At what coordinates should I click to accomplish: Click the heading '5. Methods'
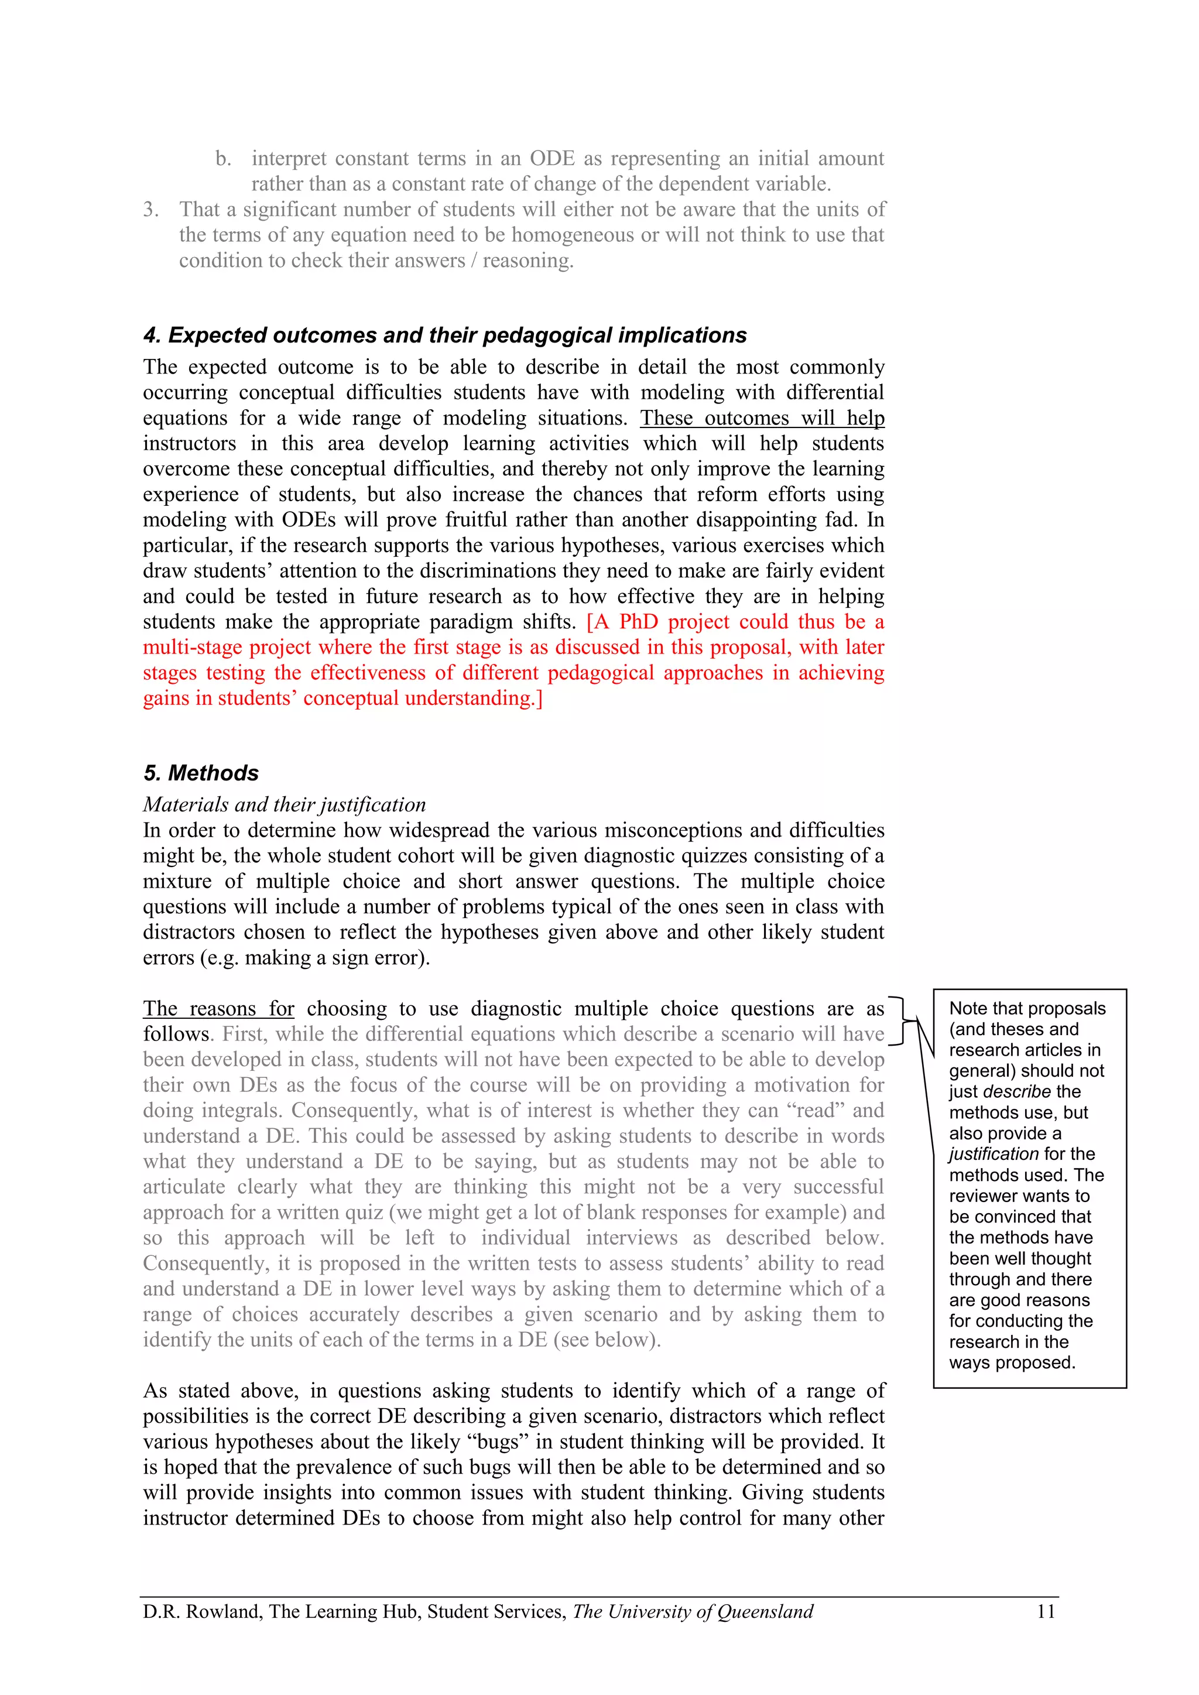pos(201,773)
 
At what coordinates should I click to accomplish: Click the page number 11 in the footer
pos(1046,1611)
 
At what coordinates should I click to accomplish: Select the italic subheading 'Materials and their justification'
pos(285,804)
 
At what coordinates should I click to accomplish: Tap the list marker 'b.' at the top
pos(223,159)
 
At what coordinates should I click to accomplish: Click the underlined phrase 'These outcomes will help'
pos(762,418)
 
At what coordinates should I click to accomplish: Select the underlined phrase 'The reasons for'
pos(218,1008)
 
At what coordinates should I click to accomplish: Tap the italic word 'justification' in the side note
pos(994,1154)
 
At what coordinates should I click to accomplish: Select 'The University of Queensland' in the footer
pos(693,1611)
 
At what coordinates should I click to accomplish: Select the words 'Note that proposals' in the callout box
pos(1027,1008)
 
